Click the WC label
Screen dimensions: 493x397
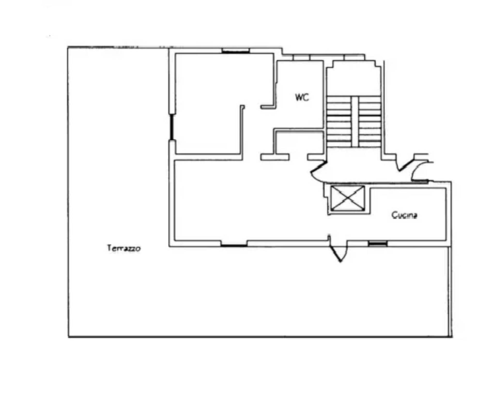(x=302, y=97)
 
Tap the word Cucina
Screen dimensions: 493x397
(x=404, y=215)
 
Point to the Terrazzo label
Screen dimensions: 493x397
(x=124, y=248)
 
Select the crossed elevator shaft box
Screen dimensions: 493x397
(x=348, y=198)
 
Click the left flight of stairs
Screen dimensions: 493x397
(x=339, y=122)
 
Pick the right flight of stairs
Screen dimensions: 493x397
(x=369, y=122)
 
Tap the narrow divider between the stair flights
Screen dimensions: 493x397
(x=355, y=122)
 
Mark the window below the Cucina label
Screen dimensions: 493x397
(x=378, y=243)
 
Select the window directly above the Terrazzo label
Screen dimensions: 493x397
(x=234, y=243)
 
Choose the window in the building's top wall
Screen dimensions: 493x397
(x=236, y=51)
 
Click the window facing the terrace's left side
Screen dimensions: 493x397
(x=172, y=127)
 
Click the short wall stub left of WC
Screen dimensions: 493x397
(x=268, y=107)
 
